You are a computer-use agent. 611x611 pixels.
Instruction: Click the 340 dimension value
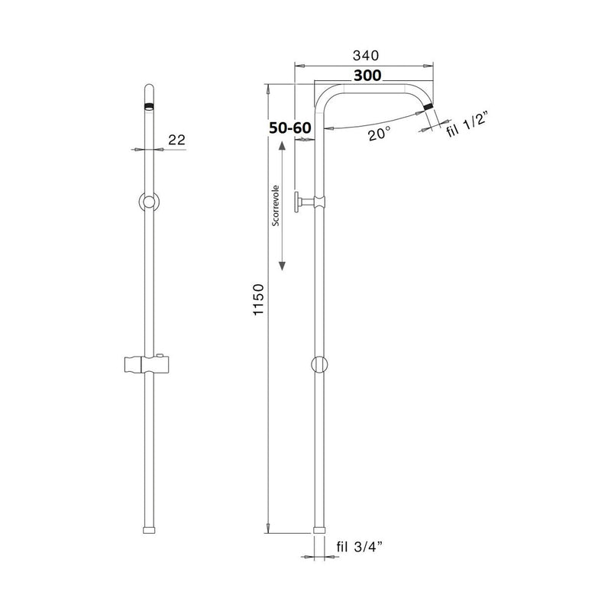[365, 56]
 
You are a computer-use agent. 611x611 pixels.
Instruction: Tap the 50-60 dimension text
[289, 128]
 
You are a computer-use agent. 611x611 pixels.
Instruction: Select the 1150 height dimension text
[258, 301]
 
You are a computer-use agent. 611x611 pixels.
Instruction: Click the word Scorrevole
[275, 205]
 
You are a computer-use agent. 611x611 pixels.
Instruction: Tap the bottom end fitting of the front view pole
[150, 529]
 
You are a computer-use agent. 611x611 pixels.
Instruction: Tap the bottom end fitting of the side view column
[319, 529]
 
